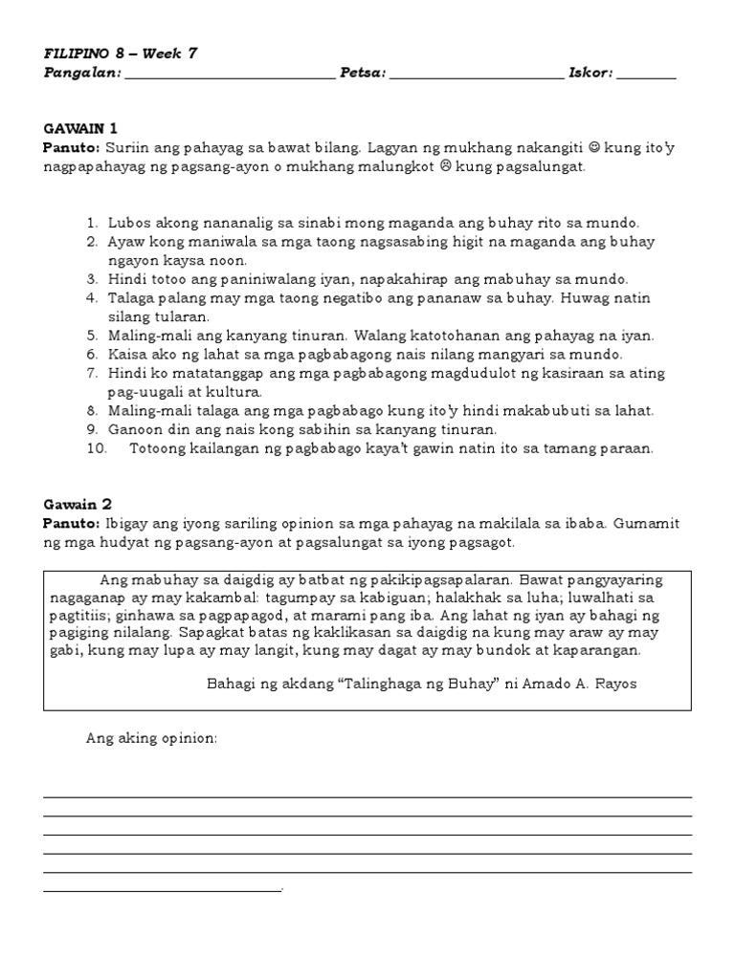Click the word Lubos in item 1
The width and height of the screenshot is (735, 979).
click(127, 223)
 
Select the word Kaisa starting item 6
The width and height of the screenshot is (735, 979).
click(127, 355)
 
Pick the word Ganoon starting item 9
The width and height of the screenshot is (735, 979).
click(134, 429)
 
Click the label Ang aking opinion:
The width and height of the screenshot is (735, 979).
click(152, 738)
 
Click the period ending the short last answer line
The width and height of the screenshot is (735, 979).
click(284, 890)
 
